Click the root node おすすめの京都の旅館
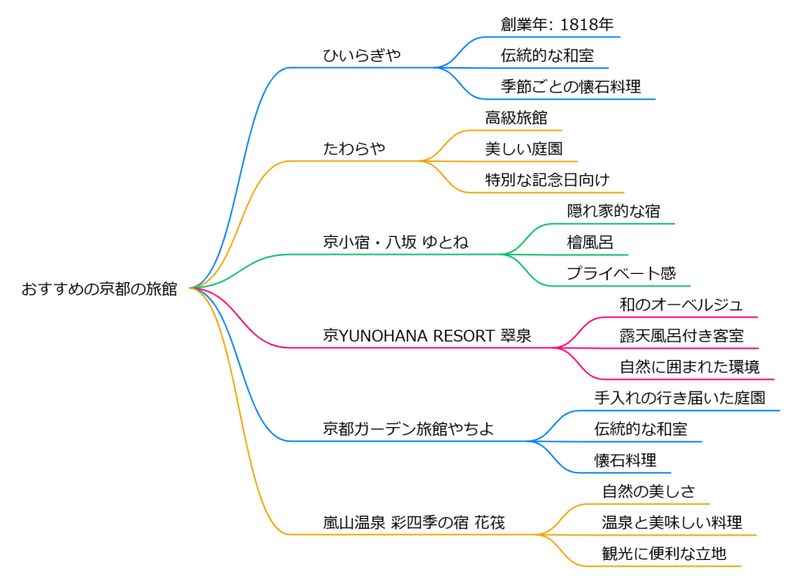100,289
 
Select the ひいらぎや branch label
362,56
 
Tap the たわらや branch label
354,149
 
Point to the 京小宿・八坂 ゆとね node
395,242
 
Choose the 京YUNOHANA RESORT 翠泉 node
427,336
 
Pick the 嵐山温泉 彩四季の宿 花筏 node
414,523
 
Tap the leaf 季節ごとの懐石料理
571,86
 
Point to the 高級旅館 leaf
516,118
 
